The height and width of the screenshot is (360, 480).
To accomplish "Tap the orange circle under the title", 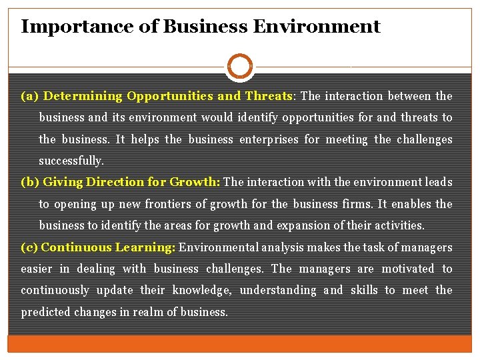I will point(240,67).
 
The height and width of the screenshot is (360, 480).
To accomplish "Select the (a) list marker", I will point(30,96).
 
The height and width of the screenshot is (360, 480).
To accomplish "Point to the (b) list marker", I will point(30,182).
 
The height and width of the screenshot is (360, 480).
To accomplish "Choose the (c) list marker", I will point(29,247).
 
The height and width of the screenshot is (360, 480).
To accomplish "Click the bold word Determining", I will point(83,96).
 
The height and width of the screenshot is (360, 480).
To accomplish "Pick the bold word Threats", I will point(269,96).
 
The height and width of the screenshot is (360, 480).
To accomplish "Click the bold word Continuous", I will point(76,247).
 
